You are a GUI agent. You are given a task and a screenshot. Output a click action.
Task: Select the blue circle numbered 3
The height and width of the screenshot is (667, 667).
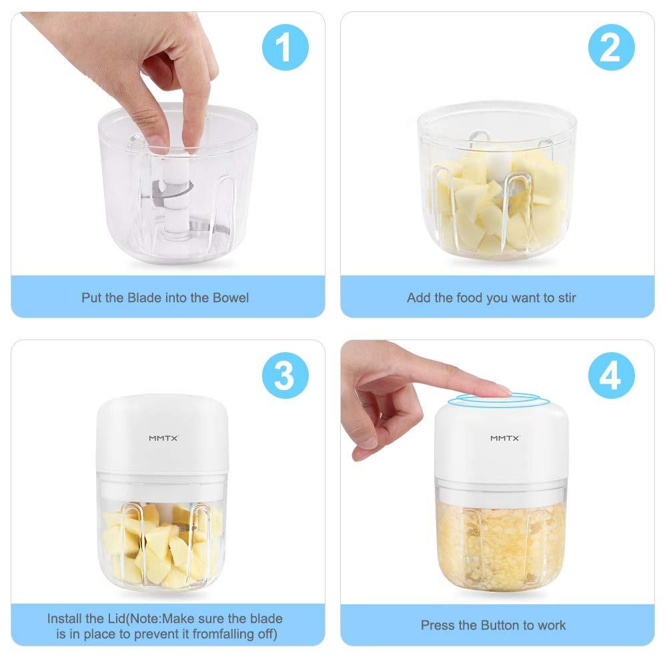284,376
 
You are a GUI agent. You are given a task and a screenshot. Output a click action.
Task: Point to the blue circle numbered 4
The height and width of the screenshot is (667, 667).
611,376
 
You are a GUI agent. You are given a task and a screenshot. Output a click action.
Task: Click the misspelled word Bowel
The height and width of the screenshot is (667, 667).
230,297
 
